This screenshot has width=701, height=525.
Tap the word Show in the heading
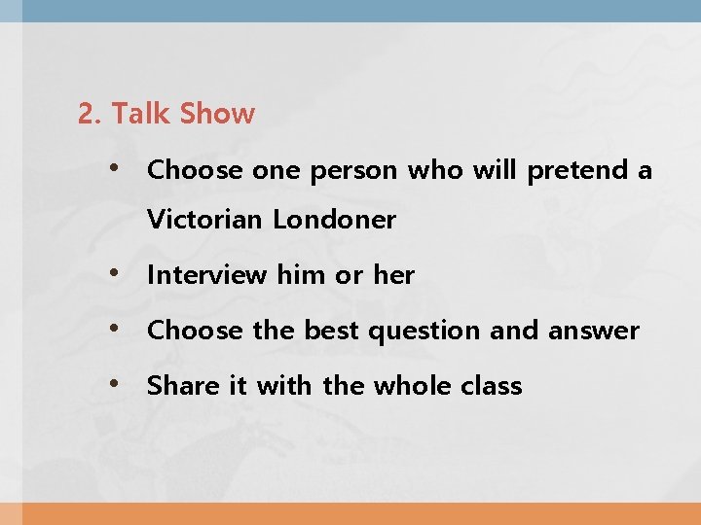[x=217, y=114]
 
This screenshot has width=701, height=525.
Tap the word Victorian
[x=204, y=220]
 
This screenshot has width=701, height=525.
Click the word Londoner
[x=334, y=220]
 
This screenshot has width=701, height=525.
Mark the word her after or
[x=393, y=275]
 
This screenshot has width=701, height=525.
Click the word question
[x=425, y=332]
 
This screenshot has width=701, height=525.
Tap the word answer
[x=594, y=332]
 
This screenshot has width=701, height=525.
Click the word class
[x=492, y=386]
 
